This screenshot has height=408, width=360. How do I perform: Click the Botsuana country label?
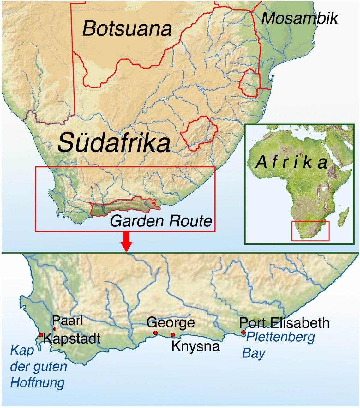(x=127, y=28)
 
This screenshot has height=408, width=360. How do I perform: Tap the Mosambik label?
(x=299, y=18)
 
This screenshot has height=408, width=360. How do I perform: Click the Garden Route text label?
(x=161, y=221)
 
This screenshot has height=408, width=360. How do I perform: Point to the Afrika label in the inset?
(x=291, y=163)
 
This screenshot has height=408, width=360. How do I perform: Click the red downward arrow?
(x=126, y=242)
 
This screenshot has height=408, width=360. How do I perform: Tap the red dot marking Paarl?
(x=54, y=329)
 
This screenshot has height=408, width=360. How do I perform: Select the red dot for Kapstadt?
(x=41, y=335)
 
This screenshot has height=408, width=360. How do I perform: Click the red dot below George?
(x=155, y=333)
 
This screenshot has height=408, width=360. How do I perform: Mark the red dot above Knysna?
(x=173, y=335)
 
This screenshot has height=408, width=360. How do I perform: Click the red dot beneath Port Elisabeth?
(x=243, y=333)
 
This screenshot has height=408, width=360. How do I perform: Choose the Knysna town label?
(x=195, y=346)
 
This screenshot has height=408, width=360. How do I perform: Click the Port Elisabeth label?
(x=284, y=323)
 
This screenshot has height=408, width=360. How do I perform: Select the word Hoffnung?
(x=37, y=383)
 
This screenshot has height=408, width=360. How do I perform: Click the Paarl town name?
(x=68, y=321)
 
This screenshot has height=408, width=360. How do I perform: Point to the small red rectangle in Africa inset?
(x=310, y=231)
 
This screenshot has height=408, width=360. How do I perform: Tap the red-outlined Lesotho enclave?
(x=199, y=133)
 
